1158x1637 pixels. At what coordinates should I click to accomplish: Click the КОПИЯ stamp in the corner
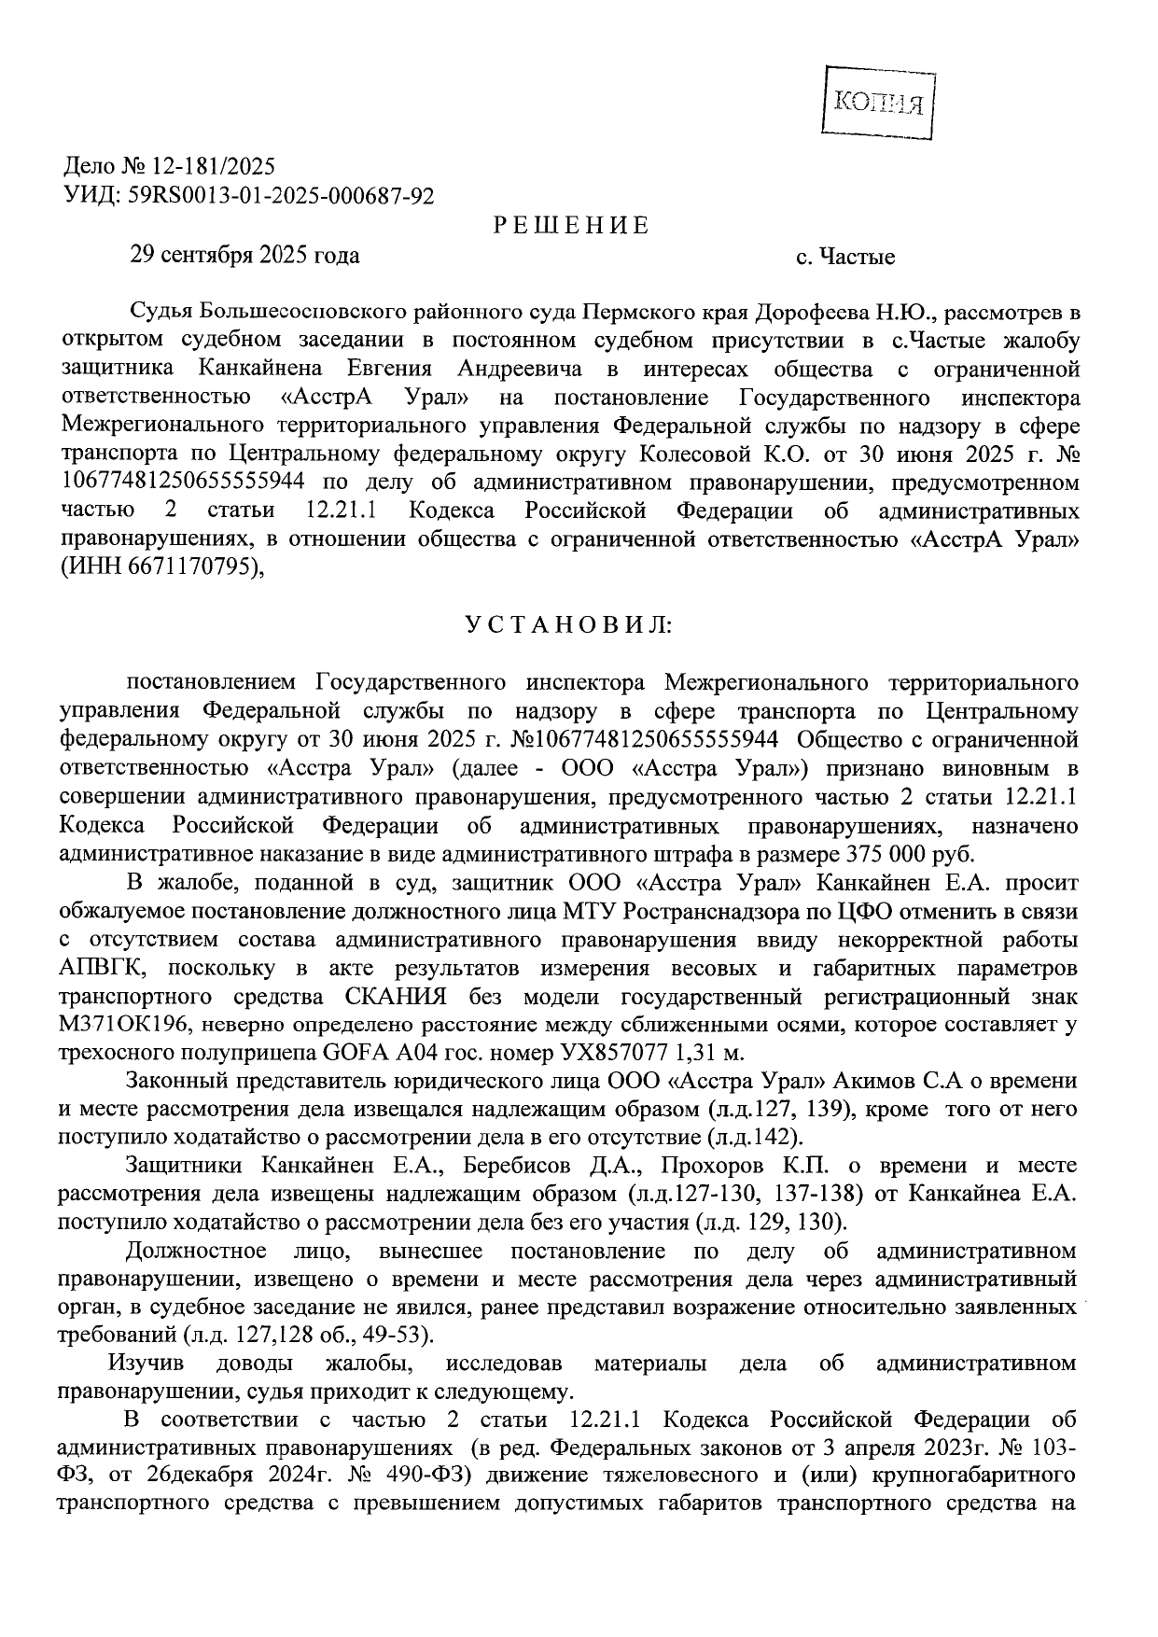(x=878, y=104)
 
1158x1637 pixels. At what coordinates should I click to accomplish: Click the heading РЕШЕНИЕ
(x=570, y=226)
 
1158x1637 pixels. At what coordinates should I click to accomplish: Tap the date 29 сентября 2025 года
(x=244, y=255)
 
